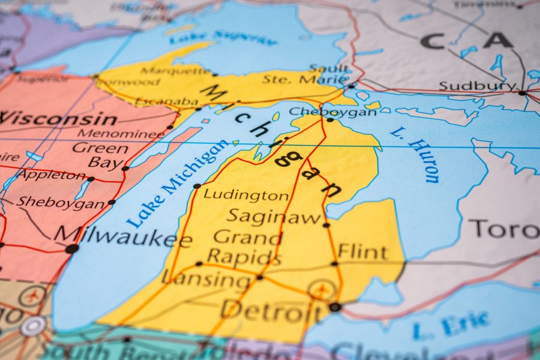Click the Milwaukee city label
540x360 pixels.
(123, 236)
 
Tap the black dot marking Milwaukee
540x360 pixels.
(72, 248)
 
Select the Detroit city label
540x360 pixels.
(271, 310)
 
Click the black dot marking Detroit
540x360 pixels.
(335, 307)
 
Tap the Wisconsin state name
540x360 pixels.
(58, 118)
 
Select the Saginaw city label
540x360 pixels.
(274, 217)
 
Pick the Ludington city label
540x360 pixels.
(246, 195)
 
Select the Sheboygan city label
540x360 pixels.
(60, 203)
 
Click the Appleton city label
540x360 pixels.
(52, 175)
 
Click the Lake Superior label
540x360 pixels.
(223, 38)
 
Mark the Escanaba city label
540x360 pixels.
(167, 101)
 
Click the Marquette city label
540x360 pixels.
(175, 70)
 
